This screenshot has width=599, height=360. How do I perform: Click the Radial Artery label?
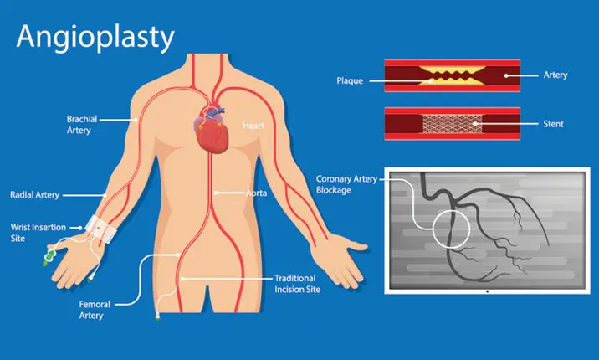tap(35, 194)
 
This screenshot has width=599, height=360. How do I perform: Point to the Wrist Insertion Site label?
tap(34, 232)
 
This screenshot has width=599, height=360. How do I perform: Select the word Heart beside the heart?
tap(253, 126)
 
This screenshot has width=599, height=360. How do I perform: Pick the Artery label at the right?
tap(555, 75)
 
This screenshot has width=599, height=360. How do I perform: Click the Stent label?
tap(553, 124)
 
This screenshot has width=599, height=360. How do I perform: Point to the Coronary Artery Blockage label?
tap(346, 183)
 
